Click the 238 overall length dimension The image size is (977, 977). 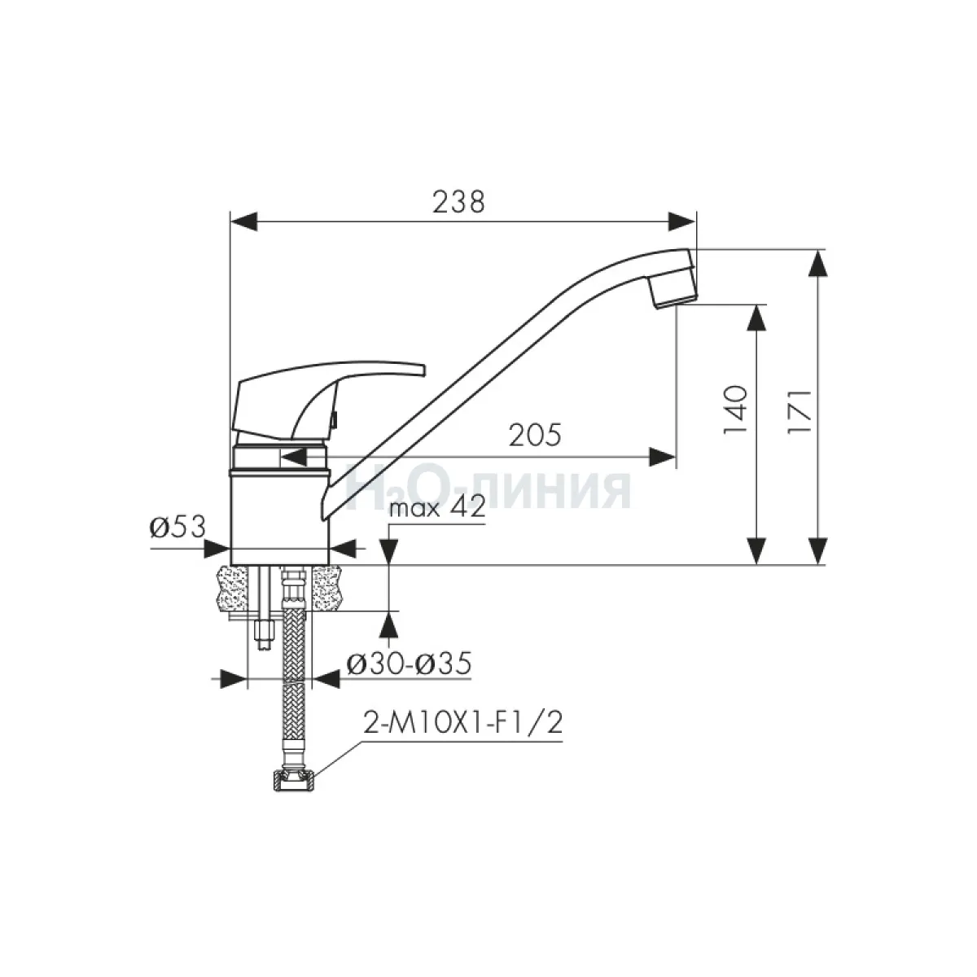[x=458, y=202]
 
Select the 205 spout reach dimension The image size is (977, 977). [x=535, y=435]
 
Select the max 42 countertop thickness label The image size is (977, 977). [x=437, y=505]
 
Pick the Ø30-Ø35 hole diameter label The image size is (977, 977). [x=410, y=664]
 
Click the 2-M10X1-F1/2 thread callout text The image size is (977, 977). [x=463, y=725]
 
